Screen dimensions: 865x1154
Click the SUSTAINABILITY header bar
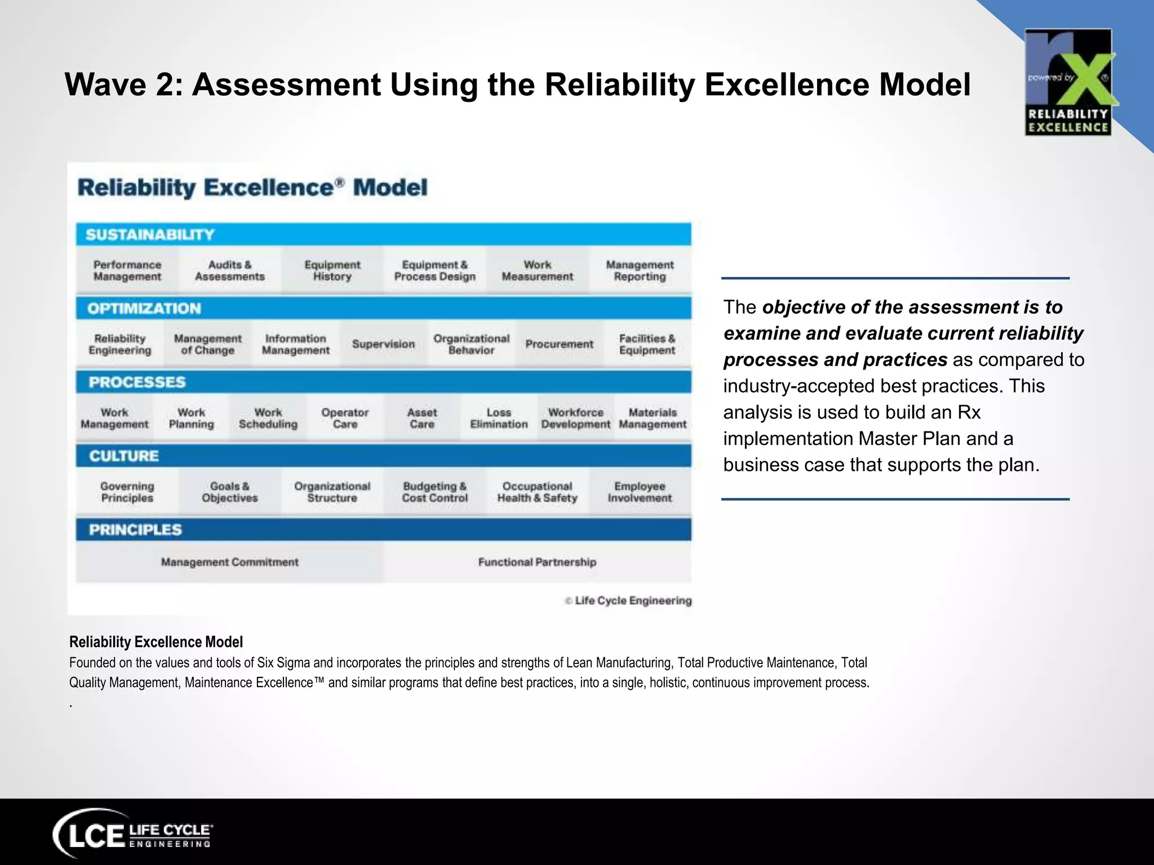click(x=383, y=234)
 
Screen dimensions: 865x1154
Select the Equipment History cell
click(x=332, y=270)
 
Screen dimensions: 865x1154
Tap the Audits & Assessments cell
click(x=230, y=270)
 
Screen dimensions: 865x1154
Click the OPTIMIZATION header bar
click(x=383, y=308)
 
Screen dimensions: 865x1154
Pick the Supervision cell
click(x=383, y=344)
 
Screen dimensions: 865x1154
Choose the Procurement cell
click(x=559, y=344)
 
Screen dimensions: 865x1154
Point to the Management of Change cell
click(x=207, y=344)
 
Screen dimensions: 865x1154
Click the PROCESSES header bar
click(x=383, y=382)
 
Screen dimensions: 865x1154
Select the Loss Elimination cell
click(x=499, y=418)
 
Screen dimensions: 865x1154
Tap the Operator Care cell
click(x=345, y=418)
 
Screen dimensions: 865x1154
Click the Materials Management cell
click(x=653, y=418)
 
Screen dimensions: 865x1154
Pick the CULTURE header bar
click(x=383, y=456)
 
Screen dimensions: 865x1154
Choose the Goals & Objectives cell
click(x=230, y=492)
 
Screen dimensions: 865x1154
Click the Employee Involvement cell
click(x=640, y=492)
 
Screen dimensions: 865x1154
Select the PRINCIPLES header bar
click(x=383, y=529)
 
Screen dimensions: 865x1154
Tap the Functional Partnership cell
click(x=537, y=562)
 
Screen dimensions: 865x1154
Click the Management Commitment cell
click(x=230, y=562)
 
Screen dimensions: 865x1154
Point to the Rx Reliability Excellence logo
click(x=1068, y=82)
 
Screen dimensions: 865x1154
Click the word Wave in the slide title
click(x=105, y=84)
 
